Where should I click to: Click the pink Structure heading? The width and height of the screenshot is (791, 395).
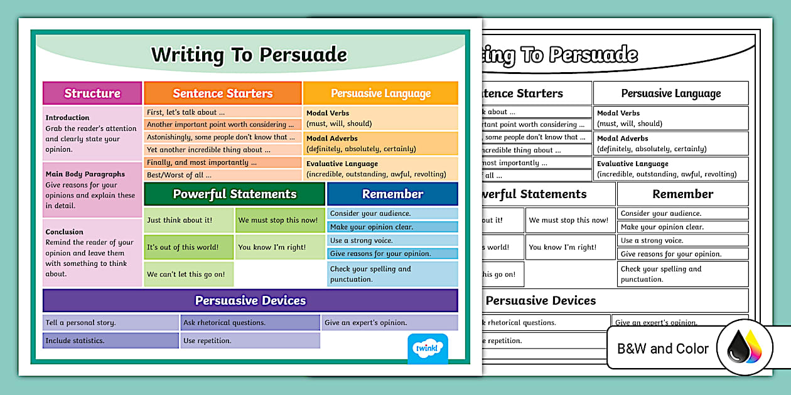[x=92, y=93]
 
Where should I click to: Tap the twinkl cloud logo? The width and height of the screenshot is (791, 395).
[x=428, y=347]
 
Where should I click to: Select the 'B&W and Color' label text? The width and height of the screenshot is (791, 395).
[x=663, y=349]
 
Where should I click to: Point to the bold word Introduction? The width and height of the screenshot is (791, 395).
[x=67, y=117]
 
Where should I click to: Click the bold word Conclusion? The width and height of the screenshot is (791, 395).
[x=64, y=231]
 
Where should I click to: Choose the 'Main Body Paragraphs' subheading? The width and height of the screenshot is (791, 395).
[x=85, y=174]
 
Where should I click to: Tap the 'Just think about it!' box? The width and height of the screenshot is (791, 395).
[x=180, y=220]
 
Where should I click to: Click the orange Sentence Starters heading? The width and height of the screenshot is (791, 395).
[x=223, y=93]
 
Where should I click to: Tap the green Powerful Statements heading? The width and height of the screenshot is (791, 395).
[x=235, y=194]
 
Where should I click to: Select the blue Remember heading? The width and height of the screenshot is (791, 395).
[x=392, y=194]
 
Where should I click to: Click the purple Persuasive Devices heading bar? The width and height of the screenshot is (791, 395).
[x=250, y=300]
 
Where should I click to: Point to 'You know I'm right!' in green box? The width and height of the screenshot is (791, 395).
[x=272, y=247]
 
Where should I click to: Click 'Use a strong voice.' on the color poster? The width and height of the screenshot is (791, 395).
[x=362, y=240]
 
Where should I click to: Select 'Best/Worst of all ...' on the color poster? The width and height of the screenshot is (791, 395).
[x=179, y=175]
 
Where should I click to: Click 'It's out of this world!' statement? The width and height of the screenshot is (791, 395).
[x=183, y=247]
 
